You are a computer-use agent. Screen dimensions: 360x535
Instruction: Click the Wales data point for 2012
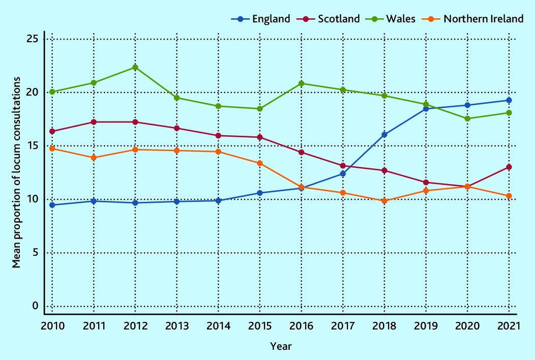[x=135, y=67]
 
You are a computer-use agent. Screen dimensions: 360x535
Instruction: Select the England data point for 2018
[x=384, y=135]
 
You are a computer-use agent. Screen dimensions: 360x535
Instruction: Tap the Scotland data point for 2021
[x=509, y=167]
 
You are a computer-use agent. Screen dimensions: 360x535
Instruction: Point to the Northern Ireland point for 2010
[x=52, y=148]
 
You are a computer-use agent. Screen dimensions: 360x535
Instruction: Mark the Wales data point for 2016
[x=302, y=83]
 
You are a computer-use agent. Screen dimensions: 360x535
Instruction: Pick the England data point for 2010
[x=52, y=205]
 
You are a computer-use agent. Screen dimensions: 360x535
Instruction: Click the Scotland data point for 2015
[x=260, y=137]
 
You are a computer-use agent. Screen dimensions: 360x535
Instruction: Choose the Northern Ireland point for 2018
[x=384, y=201]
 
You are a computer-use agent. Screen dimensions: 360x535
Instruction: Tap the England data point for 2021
[x=509, y=100]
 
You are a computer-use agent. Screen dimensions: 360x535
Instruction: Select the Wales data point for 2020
[x=467, y=118]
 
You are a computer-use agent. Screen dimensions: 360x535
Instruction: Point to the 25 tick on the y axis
[x=33, y=39]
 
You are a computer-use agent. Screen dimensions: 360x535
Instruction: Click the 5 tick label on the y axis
[x=36, y=253]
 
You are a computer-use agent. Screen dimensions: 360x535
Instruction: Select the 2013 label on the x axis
[x=177, y=325]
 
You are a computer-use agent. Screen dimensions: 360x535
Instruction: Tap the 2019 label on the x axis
[x=426, y=325]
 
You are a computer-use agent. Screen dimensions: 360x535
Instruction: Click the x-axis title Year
[x=281, y=346]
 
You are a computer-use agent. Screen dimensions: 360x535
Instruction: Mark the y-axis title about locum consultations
[x=17, y=172]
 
